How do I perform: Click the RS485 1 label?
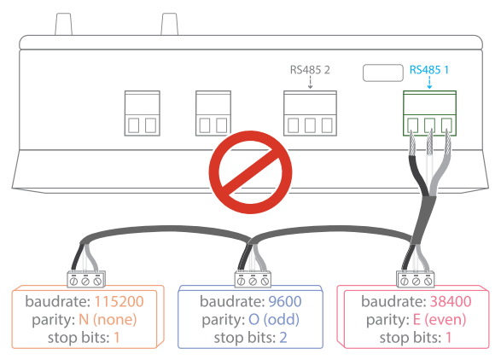[429, 70]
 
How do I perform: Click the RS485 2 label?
[310, 70]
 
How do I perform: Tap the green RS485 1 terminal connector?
[429, 113]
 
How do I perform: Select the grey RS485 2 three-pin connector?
[310, 113]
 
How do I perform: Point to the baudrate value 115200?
[119, 301]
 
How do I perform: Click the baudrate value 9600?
[285, 301]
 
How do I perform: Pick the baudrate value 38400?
[451, 301]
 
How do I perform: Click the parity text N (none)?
[108, 319]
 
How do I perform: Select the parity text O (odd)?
[274, 319]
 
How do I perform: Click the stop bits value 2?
[283, 338]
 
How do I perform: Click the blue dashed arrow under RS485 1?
[429, 83]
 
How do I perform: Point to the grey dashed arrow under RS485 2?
[310, 83]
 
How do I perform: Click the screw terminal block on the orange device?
[85, 279]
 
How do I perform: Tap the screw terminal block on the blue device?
[253, 279]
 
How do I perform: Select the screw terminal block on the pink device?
[416, 279]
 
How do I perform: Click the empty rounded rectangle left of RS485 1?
[382, 73]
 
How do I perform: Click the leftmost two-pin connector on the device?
[143, 113]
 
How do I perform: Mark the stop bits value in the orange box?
[117, 338]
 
